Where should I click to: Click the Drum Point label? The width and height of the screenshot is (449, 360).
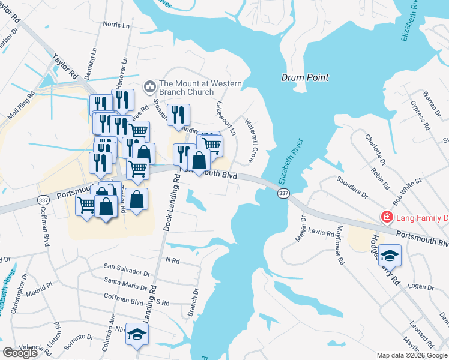(x=305, y=77)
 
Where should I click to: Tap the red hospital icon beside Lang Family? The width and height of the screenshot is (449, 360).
(x=388, y=217)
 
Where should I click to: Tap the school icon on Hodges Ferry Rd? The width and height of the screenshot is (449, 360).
(x=390, y=256)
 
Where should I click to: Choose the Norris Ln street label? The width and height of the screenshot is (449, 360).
(x=116, y=25)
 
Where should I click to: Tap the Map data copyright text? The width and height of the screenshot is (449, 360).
(x=411, y=355)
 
